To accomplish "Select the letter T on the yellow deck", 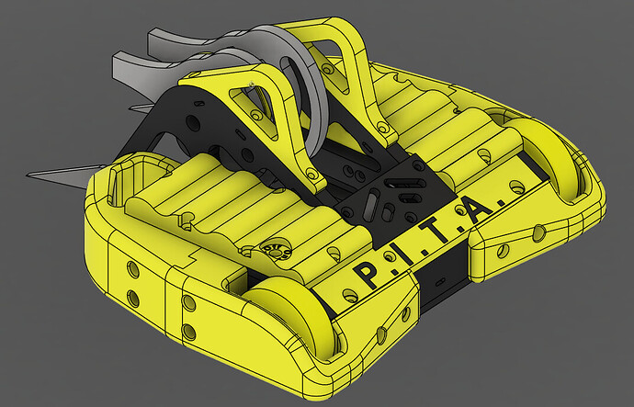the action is coord(437,232).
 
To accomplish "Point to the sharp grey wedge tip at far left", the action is coord(28,175).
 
